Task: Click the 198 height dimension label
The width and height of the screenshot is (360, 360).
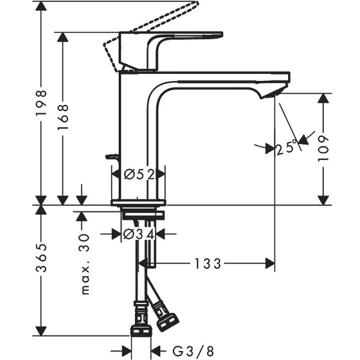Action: tap(41, 103)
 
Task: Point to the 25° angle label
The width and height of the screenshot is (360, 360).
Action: tap(287, 147)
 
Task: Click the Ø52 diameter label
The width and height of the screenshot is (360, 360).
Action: tap(139, 175)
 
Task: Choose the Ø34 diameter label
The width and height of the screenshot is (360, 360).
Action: tap(139, 233)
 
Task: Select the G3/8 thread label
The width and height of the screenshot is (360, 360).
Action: tap(187, 350)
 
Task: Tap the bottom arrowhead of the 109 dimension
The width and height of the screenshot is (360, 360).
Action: tap(323, 199)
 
